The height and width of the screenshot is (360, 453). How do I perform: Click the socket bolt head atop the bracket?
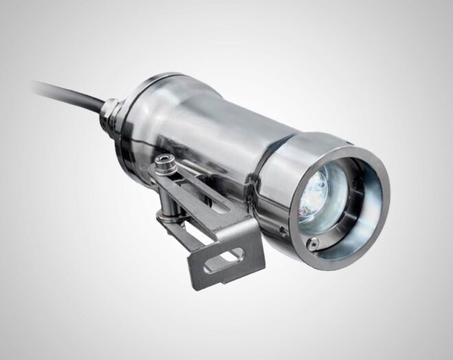(x=163, y=163)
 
